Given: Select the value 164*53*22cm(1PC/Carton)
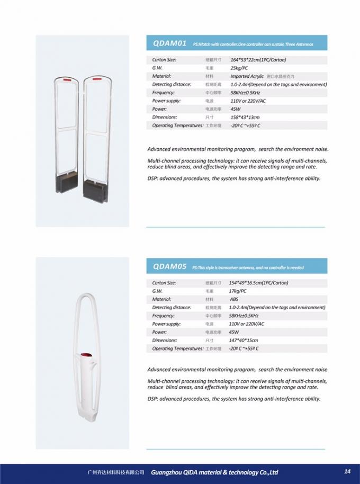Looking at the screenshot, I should tap(258, 60).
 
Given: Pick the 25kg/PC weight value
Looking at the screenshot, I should tap(239, 68).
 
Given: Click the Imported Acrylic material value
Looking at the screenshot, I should tap(248, 76).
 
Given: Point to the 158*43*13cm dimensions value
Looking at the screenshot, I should tap(245, 117).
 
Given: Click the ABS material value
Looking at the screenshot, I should tap(234, 299).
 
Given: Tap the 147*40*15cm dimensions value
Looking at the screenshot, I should tap(244, 340).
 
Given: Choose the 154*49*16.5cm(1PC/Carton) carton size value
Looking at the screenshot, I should tap(259, 283).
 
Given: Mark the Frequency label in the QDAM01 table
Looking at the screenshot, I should tap(164, 92).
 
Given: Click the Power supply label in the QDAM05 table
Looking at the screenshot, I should tap(166, 324).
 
